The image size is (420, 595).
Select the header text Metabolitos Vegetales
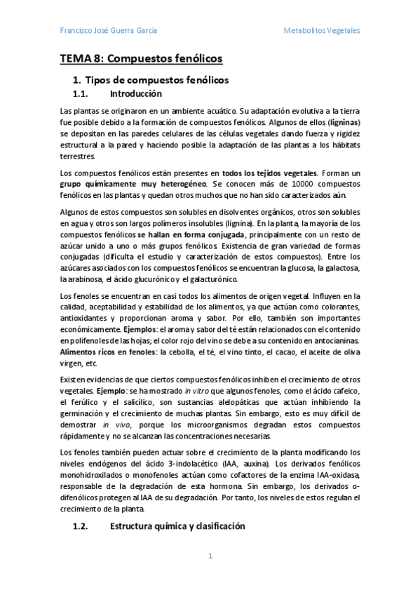pos(322,31)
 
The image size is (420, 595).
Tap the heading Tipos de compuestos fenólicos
pos(156,80)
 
